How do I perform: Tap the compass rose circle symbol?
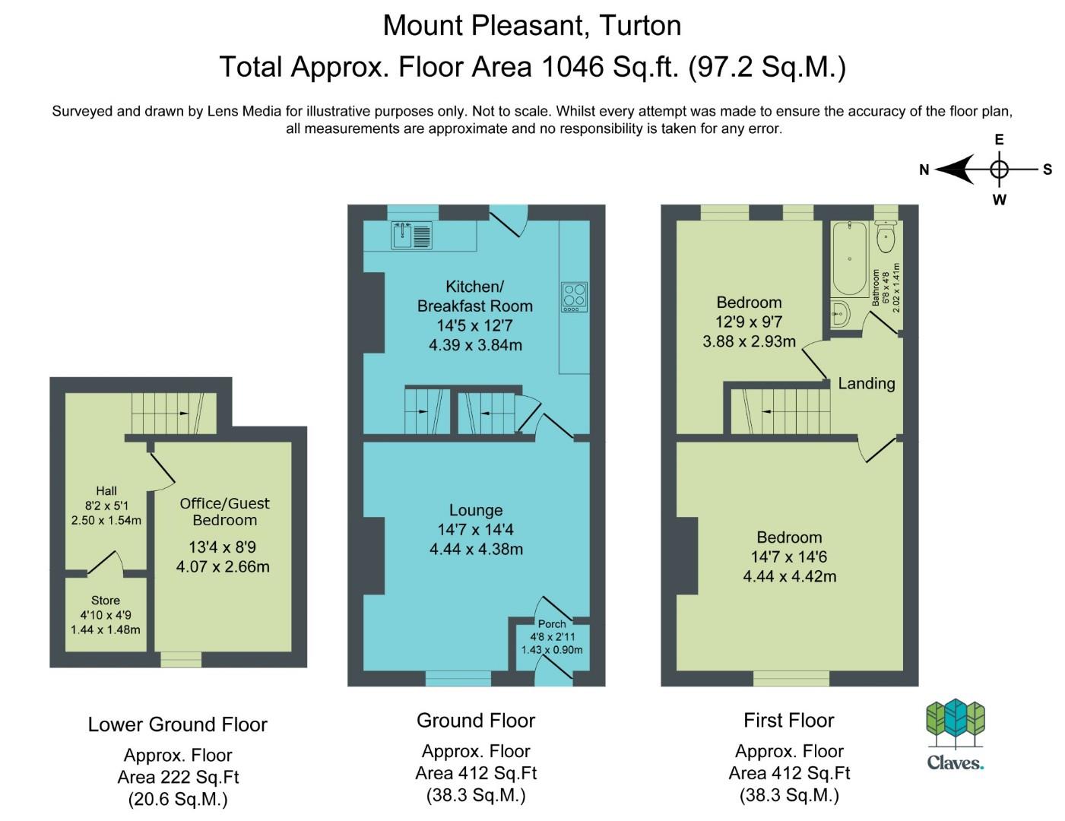(999, 170)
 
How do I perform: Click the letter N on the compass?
(924, 170)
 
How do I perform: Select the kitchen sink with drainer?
(412, 235)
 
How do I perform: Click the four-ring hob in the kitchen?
(574, 297)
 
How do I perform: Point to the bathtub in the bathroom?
(849, 258)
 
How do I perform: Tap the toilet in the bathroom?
(886, 236)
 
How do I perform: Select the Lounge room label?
(476, 510)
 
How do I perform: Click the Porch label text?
(552, 624)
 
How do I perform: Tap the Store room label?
(106, 601)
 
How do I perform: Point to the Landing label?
(867, 383)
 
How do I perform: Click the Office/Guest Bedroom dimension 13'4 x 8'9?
(223, 547)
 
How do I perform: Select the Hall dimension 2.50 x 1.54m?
(106, 521)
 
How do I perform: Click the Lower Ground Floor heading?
(178, 724)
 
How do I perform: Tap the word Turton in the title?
(640, 26)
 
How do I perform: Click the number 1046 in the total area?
(572, 67)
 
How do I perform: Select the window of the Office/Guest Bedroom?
(181, 659)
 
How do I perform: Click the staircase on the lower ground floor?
(174, 414)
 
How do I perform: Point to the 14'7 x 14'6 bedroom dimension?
(789, 556)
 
